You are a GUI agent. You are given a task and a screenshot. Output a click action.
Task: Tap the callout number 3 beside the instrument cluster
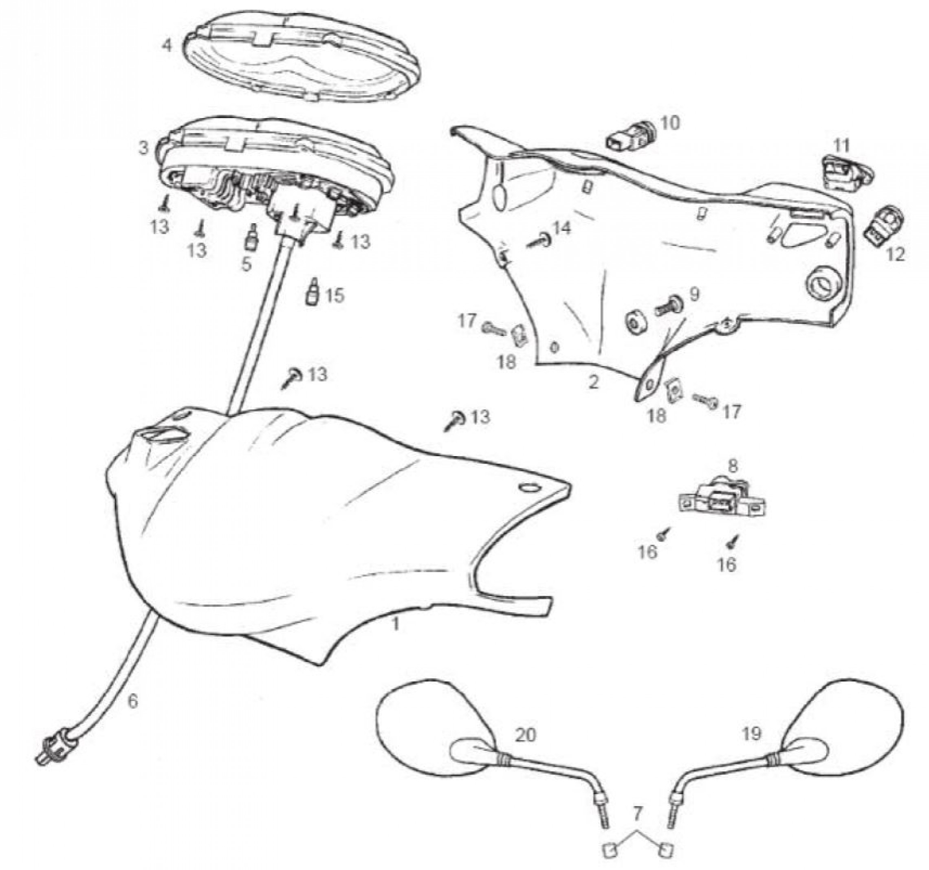(x=144, y=148)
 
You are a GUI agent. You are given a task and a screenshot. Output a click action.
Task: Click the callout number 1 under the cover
(x=395, y=625)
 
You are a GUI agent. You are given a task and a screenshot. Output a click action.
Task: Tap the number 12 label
(x=895, y=254)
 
